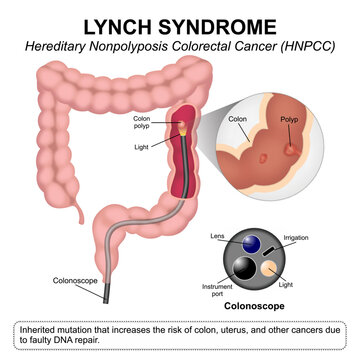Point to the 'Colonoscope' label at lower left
click(x=76, y=283)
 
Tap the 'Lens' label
click(x=218, y=235)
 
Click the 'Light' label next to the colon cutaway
click(x=146, y=147)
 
